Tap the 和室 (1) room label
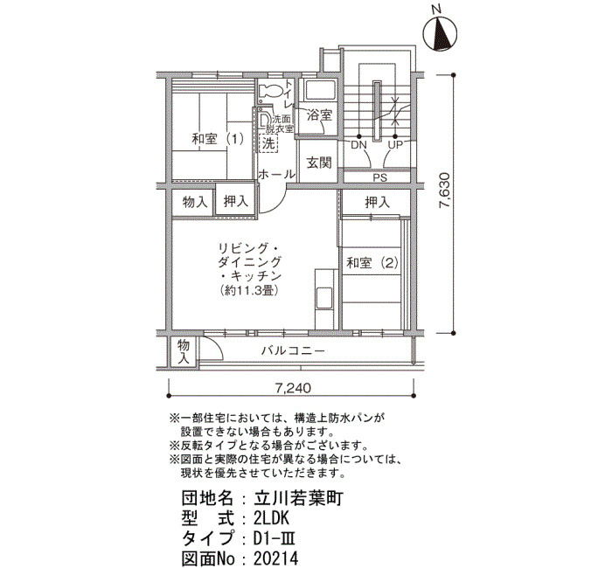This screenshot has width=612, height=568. point(218,139)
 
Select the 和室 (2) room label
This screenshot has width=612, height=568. point(372,263)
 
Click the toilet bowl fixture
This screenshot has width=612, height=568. point(270,91)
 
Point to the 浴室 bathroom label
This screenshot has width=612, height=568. point(319,114)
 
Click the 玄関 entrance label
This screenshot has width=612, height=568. point(319,163)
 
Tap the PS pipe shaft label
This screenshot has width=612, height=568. point(379,177)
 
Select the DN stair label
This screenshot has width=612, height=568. point(358,145)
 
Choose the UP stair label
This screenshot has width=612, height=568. point(395,145)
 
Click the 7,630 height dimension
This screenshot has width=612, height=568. point(446,196)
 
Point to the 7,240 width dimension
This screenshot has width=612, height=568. point(293,388)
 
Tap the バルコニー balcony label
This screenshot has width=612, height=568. point(293,350)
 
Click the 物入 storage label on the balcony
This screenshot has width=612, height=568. point(183,351)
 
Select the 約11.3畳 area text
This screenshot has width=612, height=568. point(248,290)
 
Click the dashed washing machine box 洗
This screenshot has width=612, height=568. point(268,143)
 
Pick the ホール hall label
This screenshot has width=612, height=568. point(277,174)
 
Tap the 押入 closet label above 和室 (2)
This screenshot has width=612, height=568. point(378,202)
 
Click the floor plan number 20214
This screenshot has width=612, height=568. point(275,558)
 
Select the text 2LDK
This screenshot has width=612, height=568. point(271,518)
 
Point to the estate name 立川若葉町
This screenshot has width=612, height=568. point(299,499)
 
